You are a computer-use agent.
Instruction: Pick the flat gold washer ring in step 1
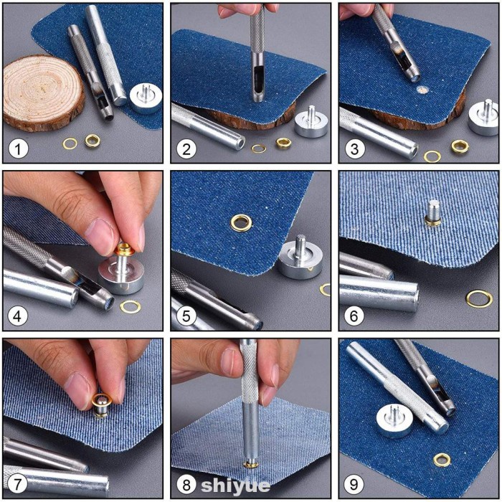coord(70,143)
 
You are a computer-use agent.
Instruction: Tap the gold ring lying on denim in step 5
coord(241,222)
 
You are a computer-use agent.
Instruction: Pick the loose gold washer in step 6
coord(478,298)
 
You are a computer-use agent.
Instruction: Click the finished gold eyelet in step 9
coord(442,460)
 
